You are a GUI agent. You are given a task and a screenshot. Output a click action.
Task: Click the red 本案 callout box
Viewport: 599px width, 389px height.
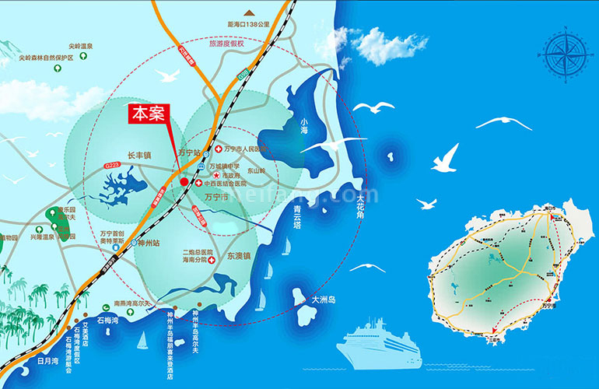(146, 114)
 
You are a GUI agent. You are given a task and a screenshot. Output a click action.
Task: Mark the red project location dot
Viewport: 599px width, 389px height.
(184, 182)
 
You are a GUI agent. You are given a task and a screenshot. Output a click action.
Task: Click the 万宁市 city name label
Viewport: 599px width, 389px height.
(215, 198)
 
